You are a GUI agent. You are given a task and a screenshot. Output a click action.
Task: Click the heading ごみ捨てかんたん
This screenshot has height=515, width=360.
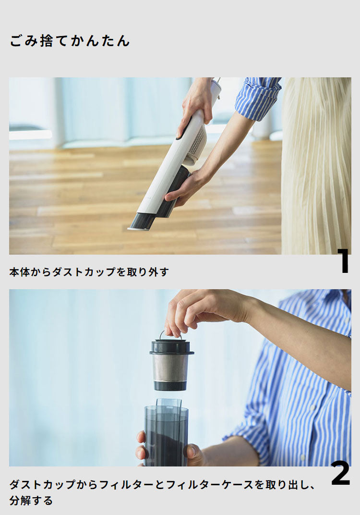[70, 41]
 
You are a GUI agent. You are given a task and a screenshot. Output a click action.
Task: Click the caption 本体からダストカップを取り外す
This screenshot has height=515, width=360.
[89, 272]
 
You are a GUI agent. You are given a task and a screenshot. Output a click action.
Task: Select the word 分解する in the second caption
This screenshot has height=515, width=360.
[31, 501]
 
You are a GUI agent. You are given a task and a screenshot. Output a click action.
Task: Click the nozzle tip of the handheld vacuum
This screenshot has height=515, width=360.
[140, 222]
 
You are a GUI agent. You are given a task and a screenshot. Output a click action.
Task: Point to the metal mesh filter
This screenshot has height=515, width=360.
[170, 368]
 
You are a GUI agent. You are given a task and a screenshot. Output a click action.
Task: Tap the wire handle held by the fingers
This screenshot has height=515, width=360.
[166, 334]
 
